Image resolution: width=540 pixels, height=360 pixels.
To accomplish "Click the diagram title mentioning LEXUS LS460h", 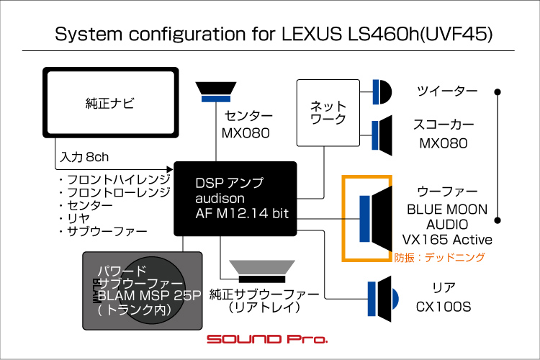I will [269, 34].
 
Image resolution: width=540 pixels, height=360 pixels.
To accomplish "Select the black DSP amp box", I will [235, 198].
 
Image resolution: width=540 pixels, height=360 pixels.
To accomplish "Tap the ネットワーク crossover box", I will [328, 111].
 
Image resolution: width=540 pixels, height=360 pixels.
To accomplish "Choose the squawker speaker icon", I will [382, 134].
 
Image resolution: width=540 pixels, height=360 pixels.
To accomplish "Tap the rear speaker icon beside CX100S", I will [382, 297].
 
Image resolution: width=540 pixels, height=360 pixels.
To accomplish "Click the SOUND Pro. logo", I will [266, 338].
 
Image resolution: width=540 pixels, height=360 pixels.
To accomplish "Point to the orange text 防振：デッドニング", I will [439, 257].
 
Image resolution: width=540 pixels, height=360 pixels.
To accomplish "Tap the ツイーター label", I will [447, 91].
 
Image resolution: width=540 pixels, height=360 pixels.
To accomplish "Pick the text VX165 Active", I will [447, 239].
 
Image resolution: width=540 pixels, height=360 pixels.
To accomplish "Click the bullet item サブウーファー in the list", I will [107, 231].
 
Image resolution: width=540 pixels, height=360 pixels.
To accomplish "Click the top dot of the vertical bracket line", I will [497, 91].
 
